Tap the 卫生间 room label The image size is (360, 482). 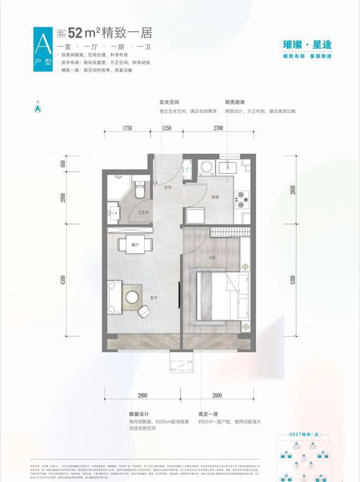click(143, 213)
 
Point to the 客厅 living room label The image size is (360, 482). click(154, 298)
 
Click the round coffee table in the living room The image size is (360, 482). click(133, 297)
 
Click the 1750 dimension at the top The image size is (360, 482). click(128, 128)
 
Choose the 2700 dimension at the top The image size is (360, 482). click(218, 128)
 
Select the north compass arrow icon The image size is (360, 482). click(38, 109)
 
